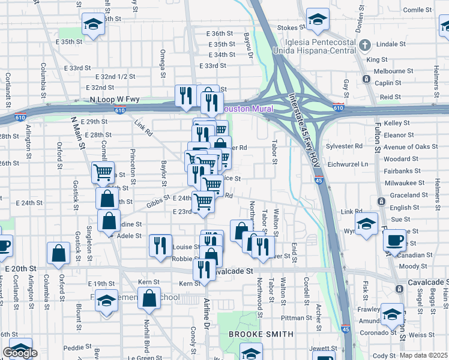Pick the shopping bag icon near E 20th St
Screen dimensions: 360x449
(x=59, y=254)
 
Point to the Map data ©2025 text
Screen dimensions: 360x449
(x=424, y=355)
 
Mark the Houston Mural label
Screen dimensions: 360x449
(x=248, y=109)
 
